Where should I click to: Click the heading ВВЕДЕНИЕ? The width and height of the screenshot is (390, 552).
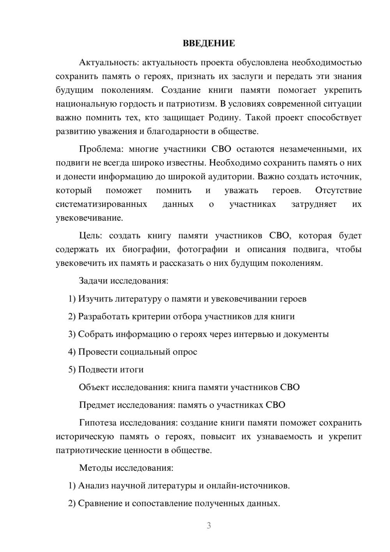point(209,43)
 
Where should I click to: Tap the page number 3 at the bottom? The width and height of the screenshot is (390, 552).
point(209,525)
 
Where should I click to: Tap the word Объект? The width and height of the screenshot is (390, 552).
point(94,387)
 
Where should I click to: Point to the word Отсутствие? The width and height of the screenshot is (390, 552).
point(338,191)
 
